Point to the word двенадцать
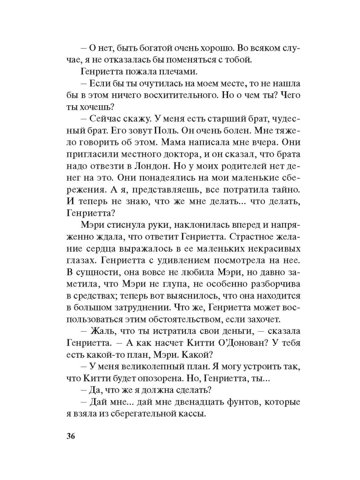click(x=192, y=402)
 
